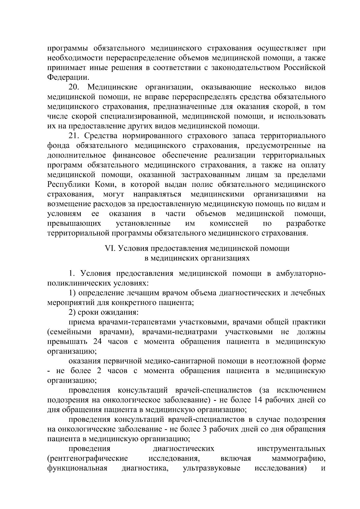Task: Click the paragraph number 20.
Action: click(73, 87)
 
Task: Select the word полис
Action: click(194, 184)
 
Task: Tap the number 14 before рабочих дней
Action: click(259, 400)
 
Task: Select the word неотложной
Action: click(276, 361)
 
